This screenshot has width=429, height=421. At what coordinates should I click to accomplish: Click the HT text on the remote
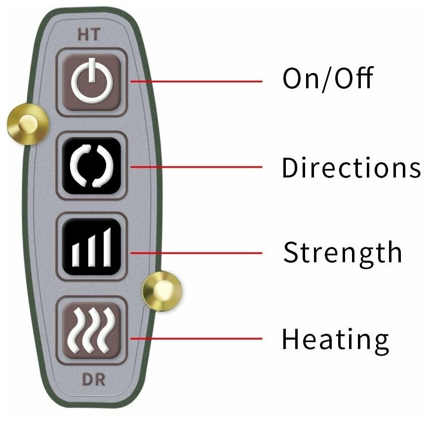(x=89, y=35)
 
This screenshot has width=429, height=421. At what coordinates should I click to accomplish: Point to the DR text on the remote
(x=93, y=380)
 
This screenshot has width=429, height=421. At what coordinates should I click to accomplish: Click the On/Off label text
(x=327, y=78)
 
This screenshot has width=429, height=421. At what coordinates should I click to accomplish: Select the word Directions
(x=351, y=168)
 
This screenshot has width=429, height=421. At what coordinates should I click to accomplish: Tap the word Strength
(x=343, y=252)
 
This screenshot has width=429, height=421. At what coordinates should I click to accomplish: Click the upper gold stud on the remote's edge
(x=28, y=124)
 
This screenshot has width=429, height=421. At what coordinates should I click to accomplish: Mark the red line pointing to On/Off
(x=197, y=81)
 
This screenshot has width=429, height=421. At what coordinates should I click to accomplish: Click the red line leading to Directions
(x=197, y=167)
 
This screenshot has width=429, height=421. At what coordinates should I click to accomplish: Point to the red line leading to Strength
(x=197, y=253)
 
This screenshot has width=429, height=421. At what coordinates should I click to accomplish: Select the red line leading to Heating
(x=197, y=338)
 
